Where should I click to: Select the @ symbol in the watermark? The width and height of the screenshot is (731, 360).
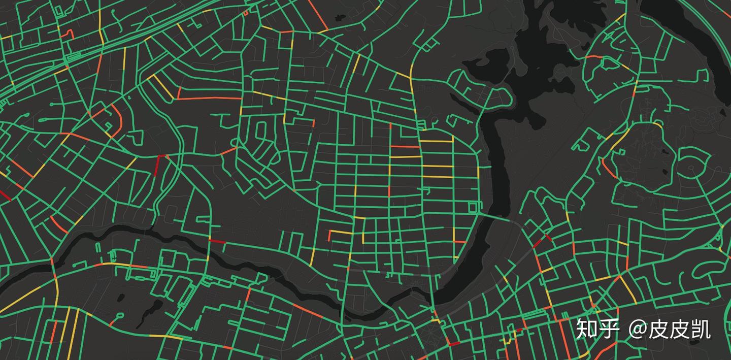[x=638, y=330]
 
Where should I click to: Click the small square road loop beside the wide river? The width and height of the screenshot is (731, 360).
[x=474, y=207]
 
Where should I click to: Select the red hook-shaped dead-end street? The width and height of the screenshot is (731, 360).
[x=68, y=34]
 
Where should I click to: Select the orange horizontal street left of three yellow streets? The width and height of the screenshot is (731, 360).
[x=405, y=147]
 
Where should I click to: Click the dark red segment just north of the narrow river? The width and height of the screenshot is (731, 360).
[x=217, y=241]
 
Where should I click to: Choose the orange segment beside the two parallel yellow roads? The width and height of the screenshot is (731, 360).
[x=53, y=331]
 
